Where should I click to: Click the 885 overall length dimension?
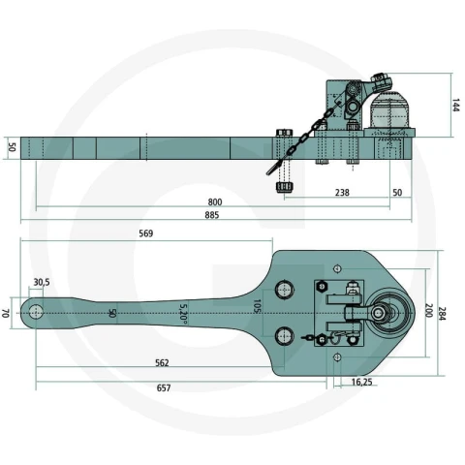[x=212, y=215]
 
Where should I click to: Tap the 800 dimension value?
[x=215, y=202]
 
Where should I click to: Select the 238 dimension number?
[x=342, y=193]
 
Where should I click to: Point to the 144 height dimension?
[x=455, y=106]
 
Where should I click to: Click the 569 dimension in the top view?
[x=146, y=233]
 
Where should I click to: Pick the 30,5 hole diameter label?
[x=42, y=282]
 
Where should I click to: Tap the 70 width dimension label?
[x=6, y=313]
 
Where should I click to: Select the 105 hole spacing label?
[x=257, y=306]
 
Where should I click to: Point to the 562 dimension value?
[x=162, y=363]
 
